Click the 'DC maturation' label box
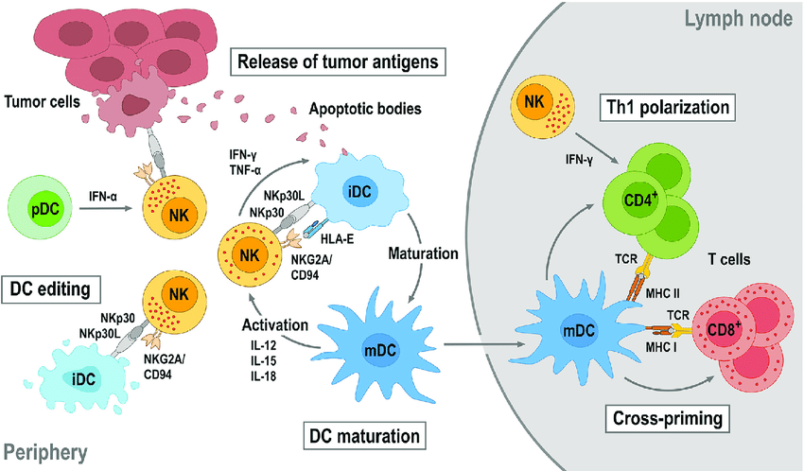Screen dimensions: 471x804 click(x=363, y=436)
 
